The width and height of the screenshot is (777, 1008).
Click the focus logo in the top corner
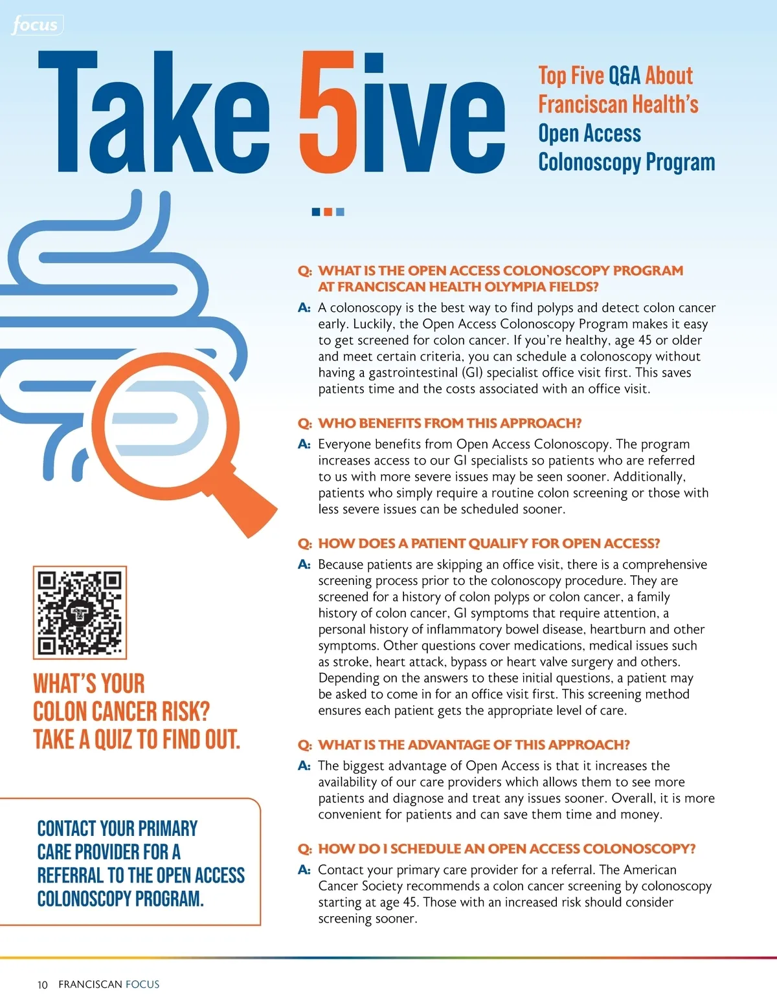tap(36, 25)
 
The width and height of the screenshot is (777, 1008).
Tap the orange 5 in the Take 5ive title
tap(328, 114)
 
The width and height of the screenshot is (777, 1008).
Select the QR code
tap(80, 612)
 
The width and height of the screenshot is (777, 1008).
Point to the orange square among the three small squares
tap(328, 212)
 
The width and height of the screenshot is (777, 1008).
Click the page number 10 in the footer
tap(43, 985)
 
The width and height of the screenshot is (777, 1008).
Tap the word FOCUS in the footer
tap(142, 985)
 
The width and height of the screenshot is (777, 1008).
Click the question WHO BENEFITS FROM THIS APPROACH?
tap(449, 423)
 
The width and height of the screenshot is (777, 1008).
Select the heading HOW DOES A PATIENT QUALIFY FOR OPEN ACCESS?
tap(489, 543)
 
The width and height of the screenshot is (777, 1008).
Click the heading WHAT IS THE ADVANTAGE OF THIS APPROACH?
tap(474, 745)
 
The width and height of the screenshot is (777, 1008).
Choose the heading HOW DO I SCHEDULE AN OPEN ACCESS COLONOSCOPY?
tap(507, 849)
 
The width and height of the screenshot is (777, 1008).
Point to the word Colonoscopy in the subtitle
tap(587, 162)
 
